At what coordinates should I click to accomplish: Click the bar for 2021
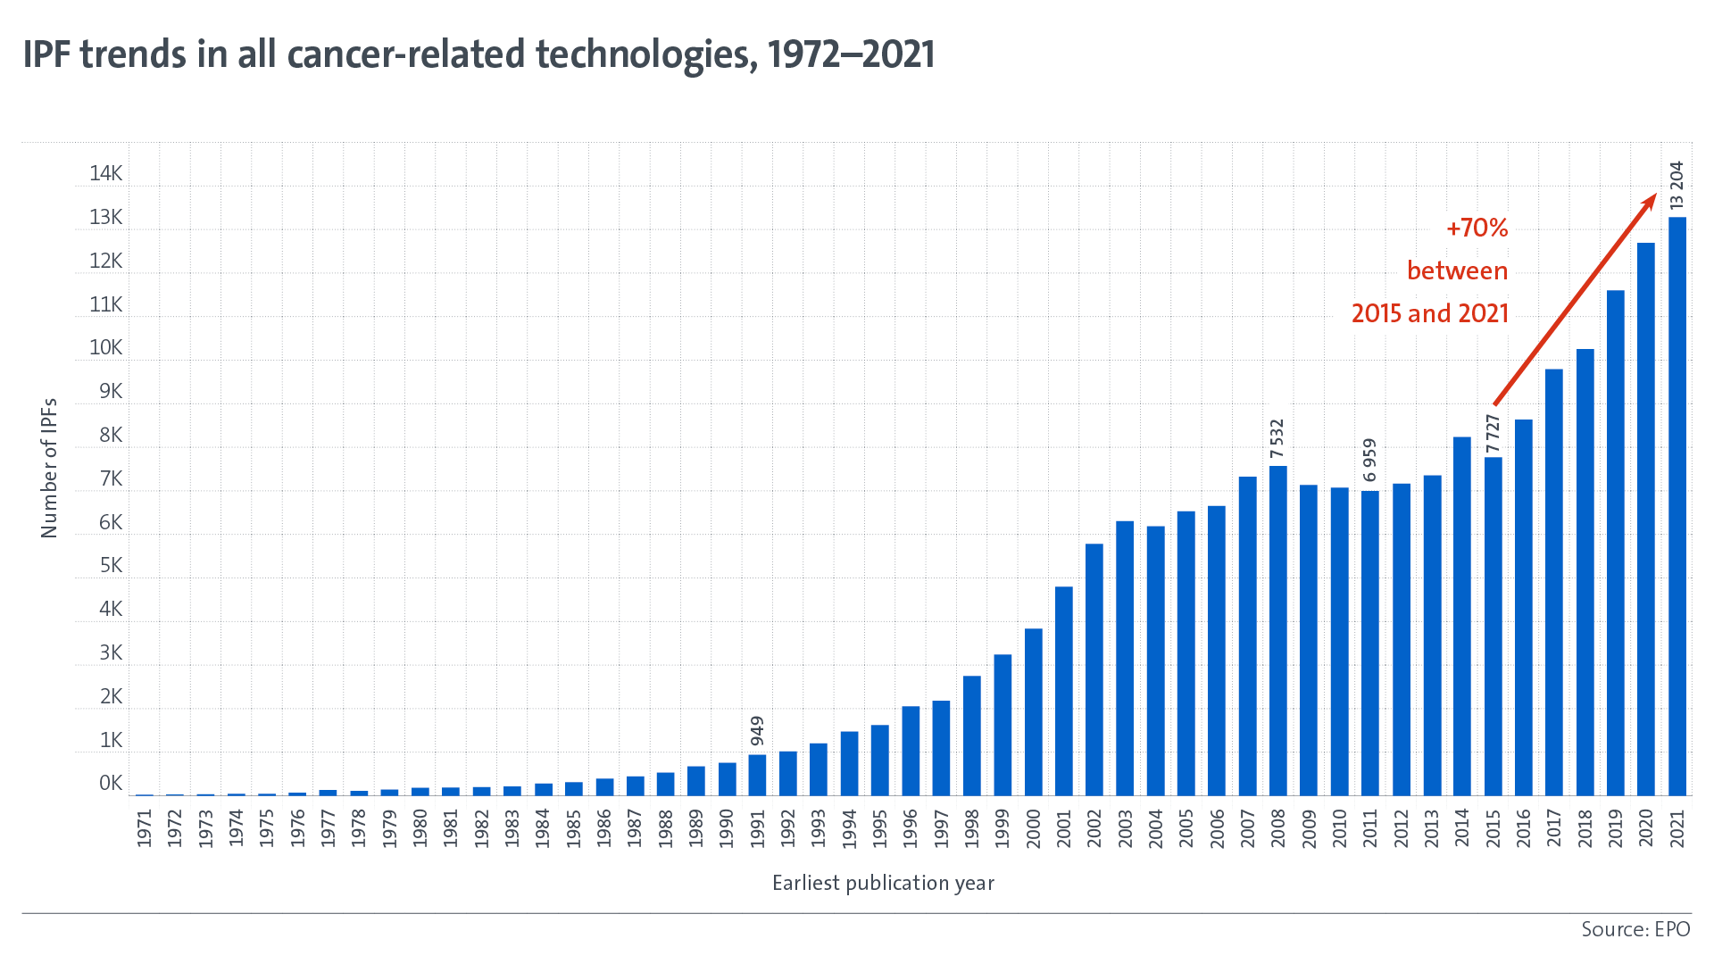pos(1677,506)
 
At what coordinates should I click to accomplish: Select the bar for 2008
pos(1277,630)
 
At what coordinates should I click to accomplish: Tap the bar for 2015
pos(1493,626)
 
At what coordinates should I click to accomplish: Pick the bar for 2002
pos(1094,669)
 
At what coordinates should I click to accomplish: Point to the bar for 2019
pos(1615,543)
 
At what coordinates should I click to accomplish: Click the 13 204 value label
pos(1677,186)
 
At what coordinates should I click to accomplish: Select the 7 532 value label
pos(1277,439)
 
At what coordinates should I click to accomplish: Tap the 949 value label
pos(757,731)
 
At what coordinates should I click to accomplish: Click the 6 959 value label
pos(1370,461)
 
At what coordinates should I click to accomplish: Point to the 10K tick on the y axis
pos(105,348)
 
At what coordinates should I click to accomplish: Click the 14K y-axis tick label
pos(105,174)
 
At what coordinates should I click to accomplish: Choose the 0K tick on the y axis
pos(111,784)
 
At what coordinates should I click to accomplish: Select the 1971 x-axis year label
pos(145,827)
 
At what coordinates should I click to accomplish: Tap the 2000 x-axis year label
pos(1033,827)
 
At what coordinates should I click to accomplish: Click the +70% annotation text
pos(1477,229)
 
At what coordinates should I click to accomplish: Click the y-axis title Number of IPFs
pos(49,468)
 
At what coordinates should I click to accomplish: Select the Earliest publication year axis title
pos(883,884)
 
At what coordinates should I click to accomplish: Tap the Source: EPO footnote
pos(1635,929)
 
